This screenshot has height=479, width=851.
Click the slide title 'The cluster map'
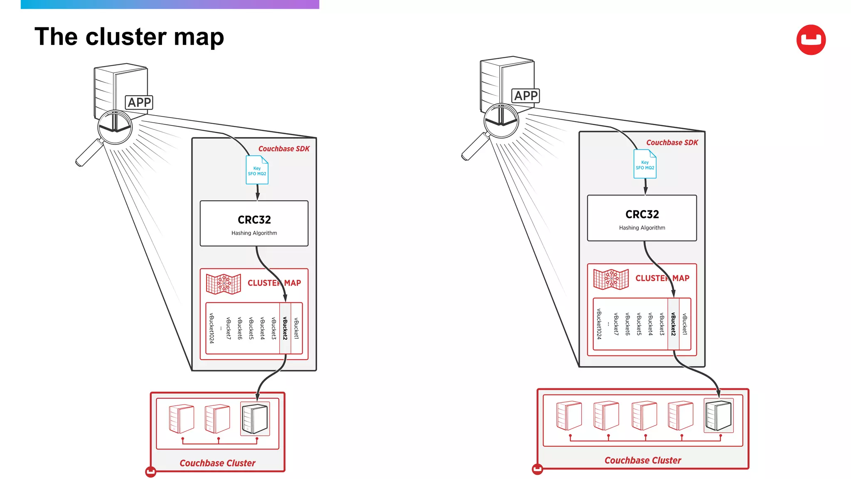click(x=129, y=37)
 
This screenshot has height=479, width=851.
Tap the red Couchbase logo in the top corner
click(x=811, y=40)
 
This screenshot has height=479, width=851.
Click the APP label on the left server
click(x=139, y=102)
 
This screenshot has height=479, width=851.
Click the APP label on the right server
click(x=526, y=96)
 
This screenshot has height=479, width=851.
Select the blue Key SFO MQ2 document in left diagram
click(x=257, y=170)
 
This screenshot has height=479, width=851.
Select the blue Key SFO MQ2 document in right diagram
click(x=644, y=164)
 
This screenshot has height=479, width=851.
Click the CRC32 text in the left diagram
click(x=254, y=220)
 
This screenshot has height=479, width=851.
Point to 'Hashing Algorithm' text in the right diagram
click(x=642, y=228)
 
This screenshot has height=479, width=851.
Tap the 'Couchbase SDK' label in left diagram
click(x=284, y=149)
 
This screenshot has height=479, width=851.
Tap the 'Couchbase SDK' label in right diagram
click(x=672, y=143)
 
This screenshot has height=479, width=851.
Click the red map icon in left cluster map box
click(x=224, y=284)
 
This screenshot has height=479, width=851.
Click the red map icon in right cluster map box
click(x=611, y=279)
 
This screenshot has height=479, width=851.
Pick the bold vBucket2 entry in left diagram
click(x=285, y=328)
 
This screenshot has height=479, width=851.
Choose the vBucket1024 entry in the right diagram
click(x=599, y=324)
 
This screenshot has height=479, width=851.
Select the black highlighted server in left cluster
click(x=255, y=419)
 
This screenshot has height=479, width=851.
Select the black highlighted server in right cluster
click(x=718, y=415)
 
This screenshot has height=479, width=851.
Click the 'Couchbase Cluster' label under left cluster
click(x=217, y=463)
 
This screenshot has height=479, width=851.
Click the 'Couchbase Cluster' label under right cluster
click(x=642, y=460)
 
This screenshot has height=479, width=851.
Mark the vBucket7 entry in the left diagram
click(x=229, y=328)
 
